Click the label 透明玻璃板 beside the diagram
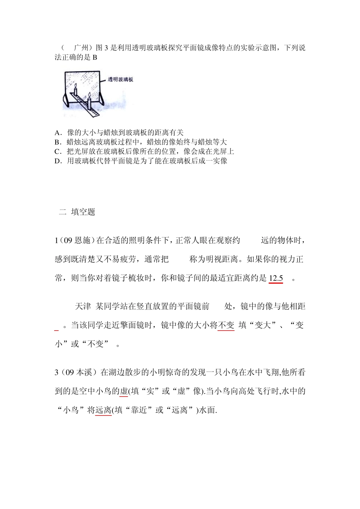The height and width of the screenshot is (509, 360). [120, 80]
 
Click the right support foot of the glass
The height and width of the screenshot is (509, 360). [103, 99]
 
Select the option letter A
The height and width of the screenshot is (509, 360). [57, 133]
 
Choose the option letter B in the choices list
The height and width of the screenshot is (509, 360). [57, 142]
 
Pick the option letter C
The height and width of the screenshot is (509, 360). [57, 151]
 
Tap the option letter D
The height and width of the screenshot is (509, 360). [57, 161]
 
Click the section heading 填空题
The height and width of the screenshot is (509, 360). [83, 212]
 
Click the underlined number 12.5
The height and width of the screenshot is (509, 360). [276, 278]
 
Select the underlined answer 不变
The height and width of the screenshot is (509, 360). [226, 325]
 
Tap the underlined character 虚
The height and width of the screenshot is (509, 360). [124, 391]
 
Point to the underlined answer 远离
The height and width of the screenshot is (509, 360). [103, 410]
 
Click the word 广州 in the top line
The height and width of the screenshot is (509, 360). [81, 48]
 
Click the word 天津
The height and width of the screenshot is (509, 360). [83, 306]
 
